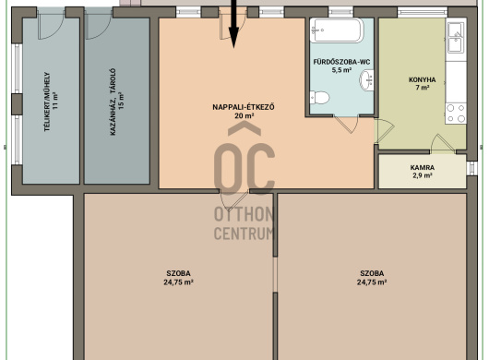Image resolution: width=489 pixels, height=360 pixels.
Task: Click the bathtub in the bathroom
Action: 337,30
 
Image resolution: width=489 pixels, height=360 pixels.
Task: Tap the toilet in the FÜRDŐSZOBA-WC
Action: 319,98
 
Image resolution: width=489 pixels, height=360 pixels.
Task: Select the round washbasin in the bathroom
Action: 367,80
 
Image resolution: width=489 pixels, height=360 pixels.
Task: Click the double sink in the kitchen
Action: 456,38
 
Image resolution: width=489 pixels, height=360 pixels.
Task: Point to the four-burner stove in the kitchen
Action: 456,114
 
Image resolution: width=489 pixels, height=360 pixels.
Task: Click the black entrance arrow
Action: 233,24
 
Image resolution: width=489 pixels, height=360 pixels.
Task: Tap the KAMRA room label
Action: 423,167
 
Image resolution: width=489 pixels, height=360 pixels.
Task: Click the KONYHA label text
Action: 423,80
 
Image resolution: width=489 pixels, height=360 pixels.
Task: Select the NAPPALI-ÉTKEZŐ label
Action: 244,107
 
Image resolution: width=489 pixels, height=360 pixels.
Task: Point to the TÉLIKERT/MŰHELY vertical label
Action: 47,102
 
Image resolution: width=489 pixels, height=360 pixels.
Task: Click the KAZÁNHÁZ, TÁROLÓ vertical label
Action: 113,102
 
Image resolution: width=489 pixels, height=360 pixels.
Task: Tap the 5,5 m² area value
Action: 341,70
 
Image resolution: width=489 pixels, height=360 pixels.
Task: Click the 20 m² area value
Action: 244,115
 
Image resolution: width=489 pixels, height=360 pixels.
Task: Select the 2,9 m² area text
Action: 423,175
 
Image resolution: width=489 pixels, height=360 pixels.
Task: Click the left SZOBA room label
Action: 178,273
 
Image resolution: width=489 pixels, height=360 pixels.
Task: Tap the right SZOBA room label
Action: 372,273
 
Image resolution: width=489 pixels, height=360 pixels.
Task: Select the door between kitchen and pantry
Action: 443,143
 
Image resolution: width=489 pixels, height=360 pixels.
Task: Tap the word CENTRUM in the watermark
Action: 244,234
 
